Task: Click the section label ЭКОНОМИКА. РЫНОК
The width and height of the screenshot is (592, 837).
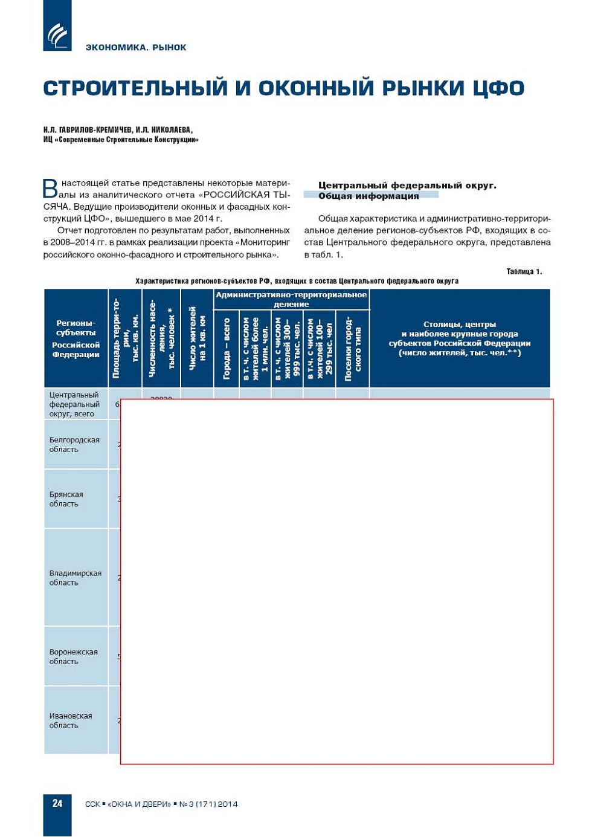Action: (x=136, y=47)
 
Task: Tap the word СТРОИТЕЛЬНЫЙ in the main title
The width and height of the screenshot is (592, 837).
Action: (x=136, y=88)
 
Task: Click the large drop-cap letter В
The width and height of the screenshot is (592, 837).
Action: (x=51, y=189)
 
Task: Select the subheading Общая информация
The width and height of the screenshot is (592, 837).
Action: (x=368, y=196)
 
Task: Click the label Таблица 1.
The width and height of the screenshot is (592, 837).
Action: (x=524, y=271)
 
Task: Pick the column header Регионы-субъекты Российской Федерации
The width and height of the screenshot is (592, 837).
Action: (x=76, y=338)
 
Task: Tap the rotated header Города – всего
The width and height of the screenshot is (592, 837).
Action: (x=227, y=349)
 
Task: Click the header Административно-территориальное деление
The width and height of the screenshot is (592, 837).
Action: (x=291, y=299)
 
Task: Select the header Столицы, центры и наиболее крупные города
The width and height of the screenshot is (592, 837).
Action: (x=459, y=338)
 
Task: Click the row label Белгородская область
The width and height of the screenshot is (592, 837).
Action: (x=74, y=444)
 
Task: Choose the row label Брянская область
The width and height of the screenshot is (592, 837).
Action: (x=66, y=499)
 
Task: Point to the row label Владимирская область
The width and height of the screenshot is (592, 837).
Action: (x=75, y=578)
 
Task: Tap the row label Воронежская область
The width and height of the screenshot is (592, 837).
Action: (x=73, y=656)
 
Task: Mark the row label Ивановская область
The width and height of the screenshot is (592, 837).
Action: (x=71, y=720)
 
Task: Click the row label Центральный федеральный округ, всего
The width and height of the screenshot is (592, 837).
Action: (x=74, y=404)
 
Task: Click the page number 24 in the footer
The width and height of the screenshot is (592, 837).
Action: (x=57, y=803)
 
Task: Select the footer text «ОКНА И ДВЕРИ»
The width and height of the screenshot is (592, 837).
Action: (x=139, y=804)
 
